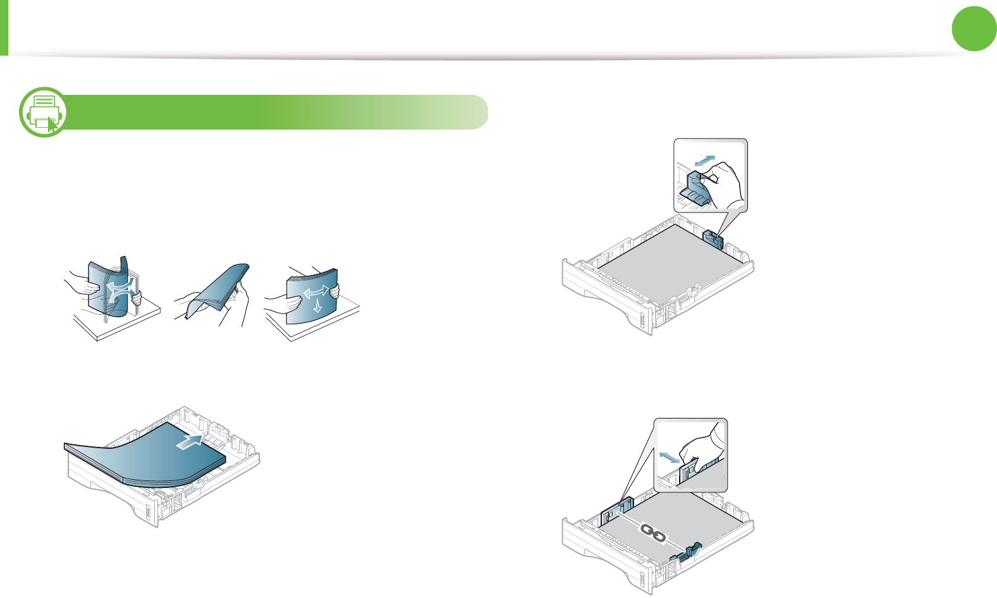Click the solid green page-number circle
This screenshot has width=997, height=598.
pyautogui.click(x=974, y=28)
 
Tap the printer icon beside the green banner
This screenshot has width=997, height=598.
pyautogui.click(x=42, y=112)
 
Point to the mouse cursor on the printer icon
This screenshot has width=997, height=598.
pyautogui.click(x=52, y=125)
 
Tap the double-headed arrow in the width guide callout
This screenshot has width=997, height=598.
pyautogui.click(x=670, y=456)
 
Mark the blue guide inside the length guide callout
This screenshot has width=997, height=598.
pyautogui.click(x=697, y=191)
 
